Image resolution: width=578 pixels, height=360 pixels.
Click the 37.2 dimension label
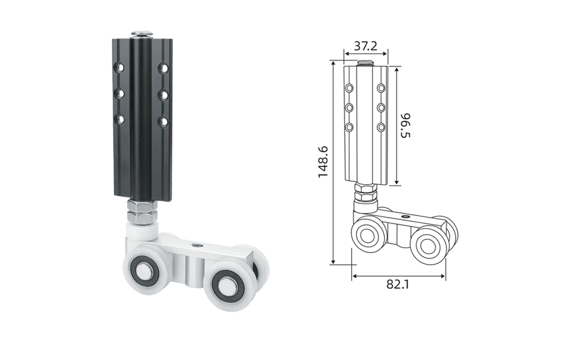click(x=366, y=46)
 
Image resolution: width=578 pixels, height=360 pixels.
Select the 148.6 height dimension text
click(x=323, y=162)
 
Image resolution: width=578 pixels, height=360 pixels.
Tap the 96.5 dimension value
click(x=405, y=125)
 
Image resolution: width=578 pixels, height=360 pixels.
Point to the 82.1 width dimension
click(x=397, y=284)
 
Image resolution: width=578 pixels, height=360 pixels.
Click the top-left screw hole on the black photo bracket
click(x=119, y=68)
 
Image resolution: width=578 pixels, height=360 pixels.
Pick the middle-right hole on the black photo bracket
click(x=163, y=95)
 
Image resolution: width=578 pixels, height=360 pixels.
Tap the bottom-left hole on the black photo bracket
click(x=119, y=119)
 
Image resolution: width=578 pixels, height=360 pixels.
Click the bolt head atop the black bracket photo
click(x=142, y=34)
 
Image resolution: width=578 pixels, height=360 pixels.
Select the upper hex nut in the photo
click(x=142, y=205)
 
